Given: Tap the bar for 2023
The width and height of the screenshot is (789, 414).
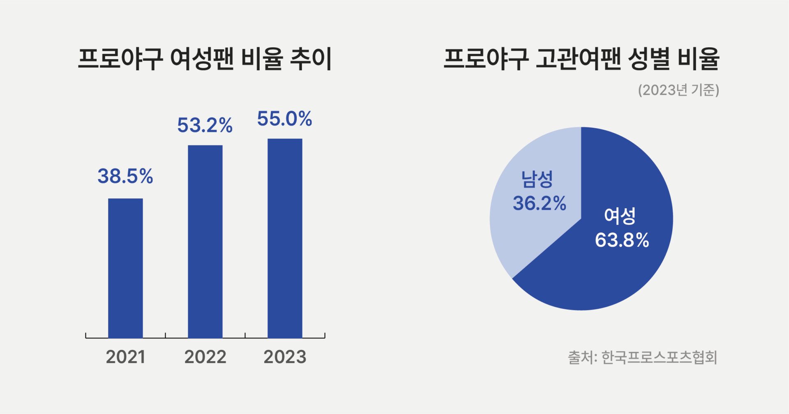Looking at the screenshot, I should click(x=285, y=238).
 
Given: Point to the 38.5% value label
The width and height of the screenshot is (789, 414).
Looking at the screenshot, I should click(x=125, y=176).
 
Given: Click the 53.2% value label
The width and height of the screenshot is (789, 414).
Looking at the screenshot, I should click(x=205, y=125).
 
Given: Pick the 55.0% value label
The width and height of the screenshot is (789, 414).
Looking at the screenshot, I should click(x=285, y=119).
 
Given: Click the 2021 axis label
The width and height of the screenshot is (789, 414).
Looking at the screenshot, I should click(x=125, y=357).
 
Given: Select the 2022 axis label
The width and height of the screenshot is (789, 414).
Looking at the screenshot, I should click(x=205, y=357).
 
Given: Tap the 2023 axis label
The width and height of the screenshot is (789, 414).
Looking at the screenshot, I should click(x=285, y=357).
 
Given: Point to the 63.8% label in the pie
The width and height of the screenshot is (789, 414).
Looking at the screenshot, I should click(x=622, y=240).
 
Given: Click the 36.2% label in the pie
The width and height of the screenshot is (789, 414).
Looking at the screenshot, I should click(x=540, y=203).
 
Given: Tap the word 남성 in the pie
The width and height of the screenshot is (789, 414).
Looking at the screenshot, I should click(x=538, y=179).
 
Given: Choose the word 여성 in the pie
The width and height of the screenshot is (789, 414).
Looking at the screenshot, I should click(x=620, y=216).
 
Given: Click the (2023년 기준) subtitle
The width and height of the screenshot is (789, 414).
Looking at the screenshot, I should click(x=678, y=90).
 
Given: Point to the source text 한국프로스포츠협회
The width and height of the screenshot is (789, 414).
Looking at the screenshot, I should click(x=659, y=357).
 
